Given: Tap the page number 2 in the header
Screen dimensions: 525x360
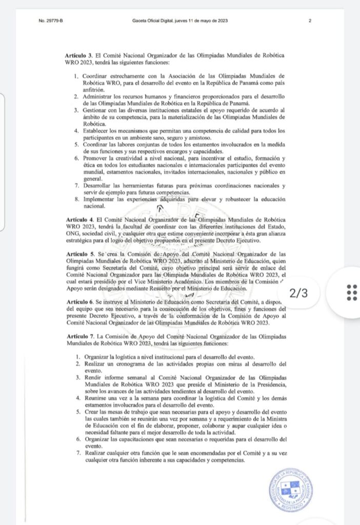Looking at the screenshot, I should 310,21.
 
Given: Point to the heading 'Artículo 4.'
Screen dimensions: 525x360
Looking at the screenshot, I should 79,219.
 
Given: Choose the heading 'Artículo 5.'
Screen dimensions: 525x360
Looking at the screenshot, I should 79,254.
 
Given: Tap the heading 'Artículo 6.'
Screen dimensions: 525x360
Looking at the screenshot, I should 79,303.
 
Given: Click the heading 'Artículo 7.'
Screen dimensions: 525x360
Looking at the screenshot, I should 79,334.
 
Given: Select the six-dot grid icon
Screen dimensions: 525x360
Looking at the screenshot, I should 352,292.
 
